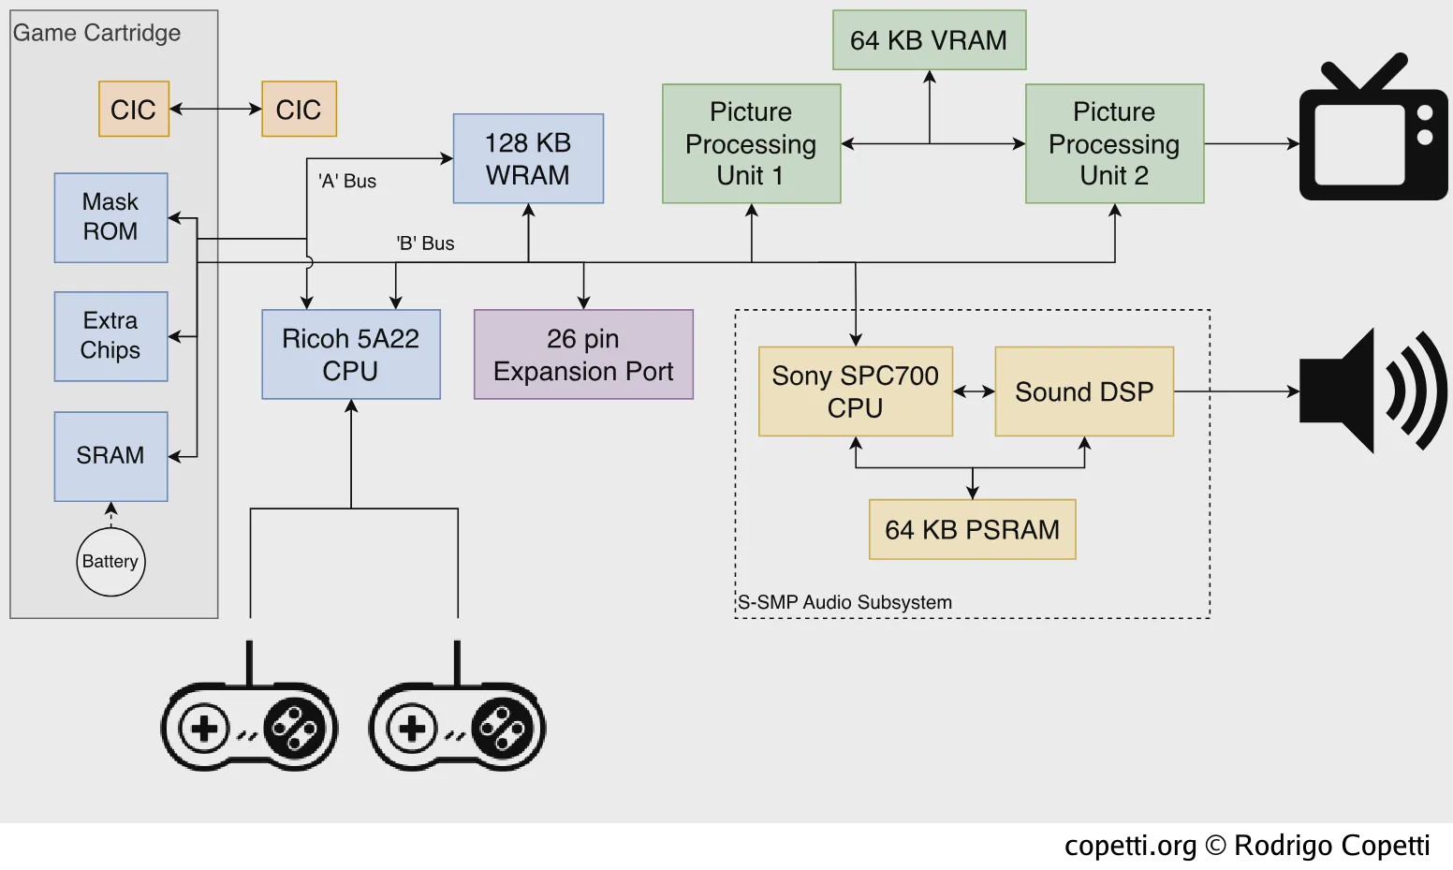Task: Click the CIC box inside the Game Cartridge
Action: pyautogui.click(x=134, y=109)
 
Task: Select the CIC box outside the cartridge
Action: pyautogui.click(x=299, y=109)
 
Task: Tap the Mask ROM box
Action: pyautogui.click(x=110, y=217)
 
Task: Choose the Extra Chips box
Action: pyautogui.click(x=110, y=336)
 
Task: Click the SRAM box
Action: pyautogui.click(x=110, y=456)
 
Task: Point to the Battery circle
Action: pyautogui.click(x=110, y=562)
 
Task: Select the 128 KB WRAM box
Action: pyautogui.click(x=528, y=158)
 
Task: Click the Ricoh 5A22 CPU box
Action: pyautogui.click(x=351, y=354)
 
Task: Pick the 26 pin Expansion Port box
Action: pyautogui.click(x=583, y=354)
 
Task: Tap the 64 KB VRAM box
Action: pyautogui.click(x=929, y=39)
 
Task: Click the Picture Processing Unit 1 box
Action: pyautogui.click(x=751, y=143)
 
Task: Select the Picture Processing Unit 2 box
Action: pyautogui.click(x=1114, y=143)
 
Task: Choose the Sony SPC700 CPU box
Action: pyautogui.click(x=856, y=391)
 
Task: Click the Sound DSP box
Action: pyautogui.click(x=1084, y=391)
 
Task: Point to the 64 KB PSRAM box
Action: pyautogui.click(x=973, y=529)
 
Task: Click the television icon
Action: pyautogui.click(x=1373, y=127)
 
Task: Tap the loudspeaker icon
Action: pyautogui.click(x=1373, y=391)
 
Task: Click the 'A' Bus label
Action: pyautogui.click(x=347, y=181)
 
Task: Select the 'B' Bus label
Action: pyautogui.click(x=425, y=243)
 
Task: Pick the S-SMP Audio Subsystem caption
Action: pyautogui.click(x=844, y=602)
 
